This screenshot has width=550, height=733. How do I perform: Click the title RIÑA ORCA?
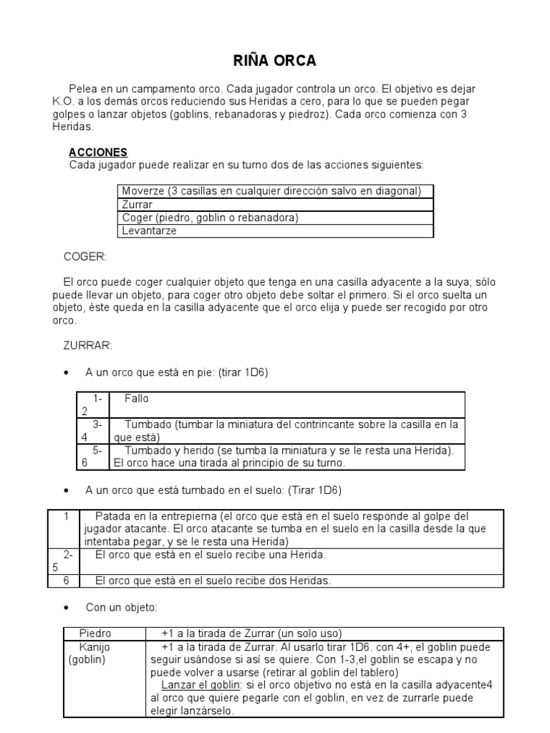tap(276, 61)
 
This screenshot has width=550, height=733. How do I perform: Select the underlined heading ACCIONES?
tap(98, 152)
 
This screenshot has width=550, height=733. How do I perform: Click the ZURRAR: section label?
tap(88, 346)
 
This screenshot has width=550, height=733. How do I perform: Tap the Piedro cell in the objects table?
tap(95, 634)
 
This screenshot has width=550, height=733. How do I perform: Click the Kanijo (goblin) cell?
tap(97, 653)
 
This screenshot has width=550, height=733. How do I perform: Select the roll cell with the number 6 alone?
tap(65, 581)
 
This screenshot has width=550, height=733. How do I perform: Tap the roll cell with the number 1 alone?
tap(65, 516)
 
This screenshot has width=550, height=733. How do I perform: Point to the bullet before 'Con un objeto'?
tap(66, 607)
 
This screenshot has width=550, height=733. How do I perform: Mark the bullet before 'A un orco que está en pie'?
tap(66, 372)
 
